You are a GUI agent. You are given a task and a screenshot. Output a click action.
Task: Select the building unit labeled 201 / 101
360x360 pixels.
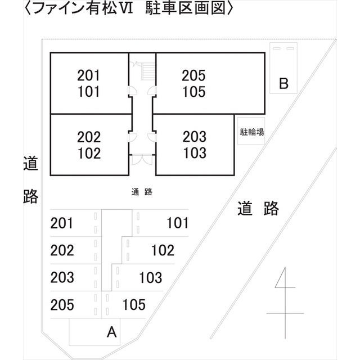click(x=89, y=83)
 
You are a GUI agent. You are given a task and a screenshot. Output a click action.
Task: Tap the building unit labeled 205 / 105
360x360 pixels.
click(x=194, y=83)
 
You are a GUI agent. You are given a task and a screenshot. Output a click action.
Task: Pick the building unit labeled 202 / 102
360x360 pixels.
click(x=89, y=145)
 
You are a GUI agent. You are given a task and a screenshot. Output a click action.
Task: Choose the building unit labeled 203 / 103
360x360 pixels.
click(x=195, y=145)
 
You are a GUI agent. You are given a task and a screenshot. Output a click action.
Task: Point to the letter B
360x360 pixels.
click(x=283, y=84)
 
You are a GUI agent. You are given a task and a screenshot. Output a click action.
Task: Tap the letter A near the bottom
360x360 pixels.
click(x=111, y=332)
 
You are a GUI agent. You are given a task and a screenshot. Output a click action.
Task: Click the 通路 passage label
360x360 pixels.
click(x=142, y=192)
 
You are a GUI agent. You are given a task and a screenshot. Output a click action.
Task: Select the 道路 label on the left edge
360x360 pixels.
click(x=30, y=180)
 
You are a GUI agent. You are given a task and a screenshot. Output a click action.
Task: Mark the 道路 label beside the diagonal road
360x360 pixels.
click(x=258, y=209)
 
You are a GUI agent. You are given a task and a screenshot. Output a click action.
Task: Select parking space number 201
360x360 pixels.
click(x=62, y=223)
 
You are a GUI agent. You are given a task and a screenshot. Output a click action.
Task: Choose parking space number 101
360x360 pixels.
click(x=178, y=223)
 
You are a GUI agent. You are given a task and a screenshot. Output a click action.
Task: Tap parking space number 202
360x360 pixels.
click(x=62, y=250)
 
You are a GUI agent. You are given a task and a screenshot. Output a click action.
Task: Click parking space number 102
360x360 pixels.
click(x=163, y=250)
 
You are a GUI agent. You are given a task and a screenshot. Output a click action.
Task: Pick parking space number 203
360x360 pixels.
click(x=62, y=277)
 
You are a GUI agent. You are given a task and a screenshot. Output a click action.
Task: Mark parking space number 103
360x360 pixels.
click(x=150, y=277)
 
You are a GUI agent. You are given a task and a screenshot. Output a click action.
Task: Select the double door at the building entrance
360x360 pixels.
click(x=142, y=159)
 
